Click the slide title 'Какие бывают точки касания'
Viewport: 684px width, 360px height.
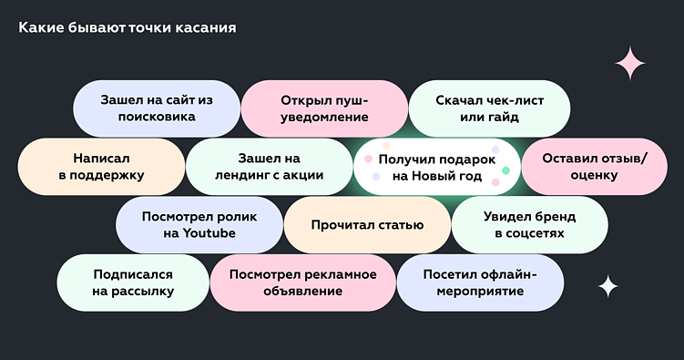click(128, 28)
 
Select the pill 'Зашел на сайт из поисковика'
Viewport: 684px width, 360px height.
click(156, 108)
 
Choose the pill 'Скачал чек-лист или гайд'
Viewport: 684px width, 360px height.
click(489, 108)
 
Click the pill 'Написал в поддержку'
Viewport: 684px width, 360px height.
click(101, 167)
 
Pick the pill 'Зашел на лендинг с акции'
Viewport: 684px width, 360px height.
click(269, 167)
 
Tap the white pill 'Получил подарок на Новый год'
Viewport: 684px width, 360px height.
click(436, 167)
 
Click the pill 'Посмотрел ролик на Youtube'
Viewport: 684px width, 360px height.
click(199, 225)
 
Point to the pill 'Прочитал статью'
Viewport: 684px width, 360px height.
click(367, 225)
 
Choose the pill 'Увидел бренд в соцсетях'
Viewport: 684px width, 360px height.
click(529, 225)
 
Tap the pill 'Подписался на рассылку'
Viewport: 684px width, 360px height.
click(132, 283)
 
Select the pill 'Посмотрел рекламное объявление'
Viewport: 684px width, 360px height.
click(301, 283)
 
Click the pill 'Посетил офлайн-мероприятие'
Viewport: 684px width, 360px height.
click(479, 283)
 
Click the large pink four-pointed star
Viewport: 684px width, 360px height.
click(629, 63)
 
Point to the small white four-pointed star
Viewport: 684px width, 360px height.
click(607, 287)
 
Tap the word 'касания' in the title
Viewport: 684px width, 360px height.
click(209, 28)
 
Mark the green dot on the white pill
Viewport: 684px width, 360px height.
click(505, 170)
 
